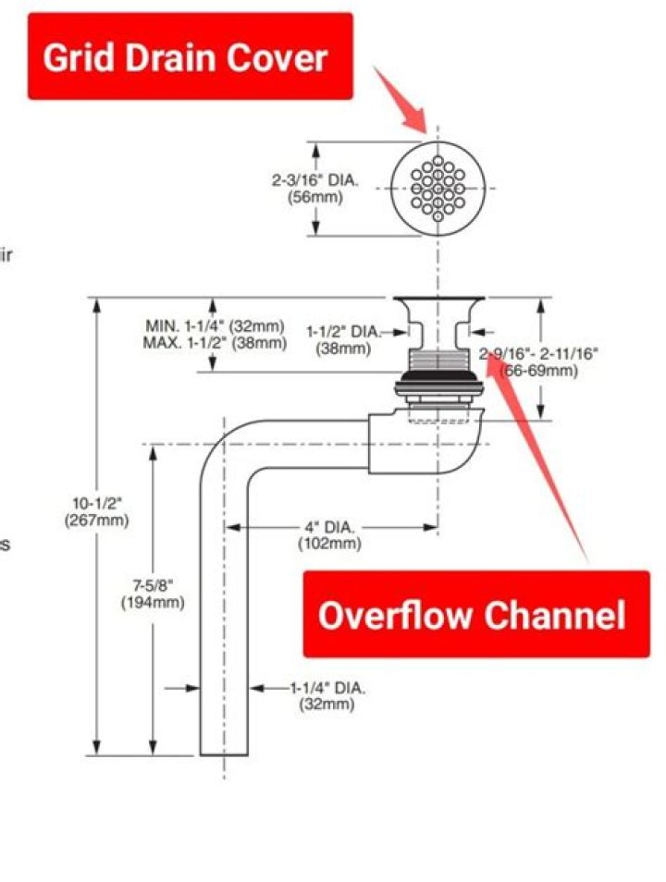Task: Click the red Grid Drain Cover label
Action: [190, 57]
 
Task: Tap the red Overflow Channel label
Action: [475, 614]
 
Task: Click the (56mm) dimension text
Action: [314, 197]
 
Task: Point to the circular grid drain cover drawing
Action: [438, 188]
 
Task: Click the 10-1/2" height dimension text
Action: [97, 503]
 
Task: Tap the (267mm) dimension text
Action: [97, 520]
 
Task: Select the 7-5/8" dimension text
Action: [153, 585]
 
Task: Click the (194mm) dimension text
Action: [153, 602]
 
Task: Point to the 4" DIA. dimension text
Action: [329, 527]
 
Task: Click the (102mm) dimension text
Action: [329, 544]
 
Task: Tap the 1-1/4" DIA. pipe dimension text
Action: [327, 688]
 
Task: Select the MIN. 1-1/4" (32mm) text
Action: [214, 325]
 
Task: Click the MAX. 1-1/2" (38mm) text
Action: [214, 342]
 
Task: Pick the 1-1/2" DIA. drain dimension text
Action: [343, 331]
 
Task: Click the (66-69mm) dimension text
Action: [539, 371]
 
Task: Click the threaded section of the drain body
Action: [438, 361]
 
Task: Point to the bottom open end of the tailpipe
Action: [224, 753]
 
